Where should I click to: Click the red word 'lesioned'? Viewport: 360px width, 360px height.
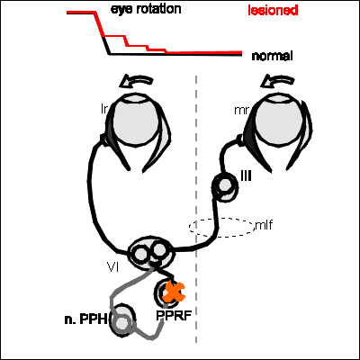pyautogui.click(x=273, y=10)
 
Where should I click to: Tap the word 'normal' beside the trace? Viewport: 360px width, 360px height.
pyautogui.click(x=272, y=56)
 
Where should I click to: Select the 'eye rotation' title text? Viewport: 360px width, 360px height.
pyautogui.click(x=146, y=9)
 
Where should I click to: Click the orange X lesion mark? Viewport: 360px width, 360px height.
pyautogui.click(x=173, y=292)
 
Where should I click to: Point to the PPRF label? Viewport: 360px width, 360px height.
pyautogui.click(x=174, y=315)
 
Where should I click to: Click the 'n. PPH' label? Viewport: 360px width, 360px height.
pyautogui.click(x=85, y=319)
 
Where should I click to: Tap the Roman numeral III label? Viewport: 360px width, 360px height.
pyautogui.click(x=246, y=176)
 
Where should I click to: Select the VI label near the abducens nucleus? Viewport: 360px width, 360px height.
pyautogui.click(x=112, y=266)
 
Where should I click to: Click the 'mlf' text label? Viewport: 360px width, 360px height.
pyautogui.click(x=264, y=224)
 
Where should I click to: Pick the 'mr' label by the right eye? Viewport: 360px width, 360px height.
pyautogui.click(x=241, y=111)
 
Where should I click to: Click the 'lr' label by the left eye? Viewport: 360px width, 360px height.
pyautogui.click(x=104, y=109)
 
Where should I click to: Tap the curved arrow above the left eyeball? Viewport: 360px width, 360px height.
pyautogui.click(x=136, y=81)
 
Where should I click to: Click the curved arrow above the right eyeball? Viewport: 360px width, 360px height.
pyautogui.click(x=277, y=81)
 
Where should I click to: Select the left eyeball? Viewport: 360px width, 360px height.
pyautogui.click(x=138, y=120)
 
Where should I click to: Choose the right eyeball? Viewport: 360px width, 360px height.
pyautogui.click(x=279, y=120)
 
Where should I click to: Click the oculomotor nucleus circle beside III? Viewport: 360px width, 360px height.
pyautogui.click(x=223, y=185)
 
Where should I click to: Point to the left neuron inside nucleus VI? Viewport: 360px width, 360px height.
pyautogui.click(x=139, y=254)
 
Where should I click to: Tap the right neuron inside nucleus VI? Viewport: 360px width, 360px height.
pyautogui.click(x=158, y=250)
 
